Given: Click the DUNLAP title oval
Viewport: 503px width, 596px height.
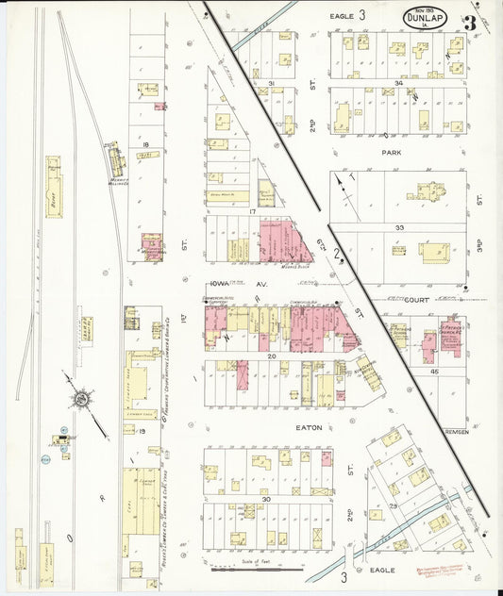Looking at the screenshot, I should [426, 17].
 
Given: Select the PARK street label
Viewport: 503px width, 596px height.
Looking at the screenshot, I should [392, 151].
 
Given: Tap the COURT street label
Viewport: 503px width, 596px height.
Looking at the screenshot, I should [417, 300].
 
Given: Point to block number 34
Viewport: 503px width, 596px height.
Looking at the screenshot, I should [399, 84].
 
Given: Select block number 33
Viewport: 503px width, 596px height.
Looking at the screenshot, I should [399, 227].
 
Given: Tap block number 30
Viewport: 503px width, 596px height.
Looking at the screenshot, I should [267, 498].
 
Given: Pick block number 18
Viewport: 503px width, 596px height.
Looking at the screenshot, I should [146, 144].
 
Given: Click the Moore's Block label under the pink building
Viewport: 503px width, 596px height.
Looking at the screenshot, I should [295, 267].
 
